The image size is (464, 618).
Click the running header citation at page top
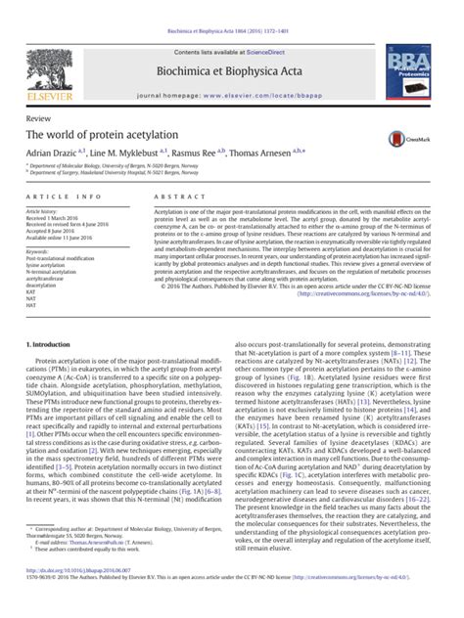click(x=233, y=7)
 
